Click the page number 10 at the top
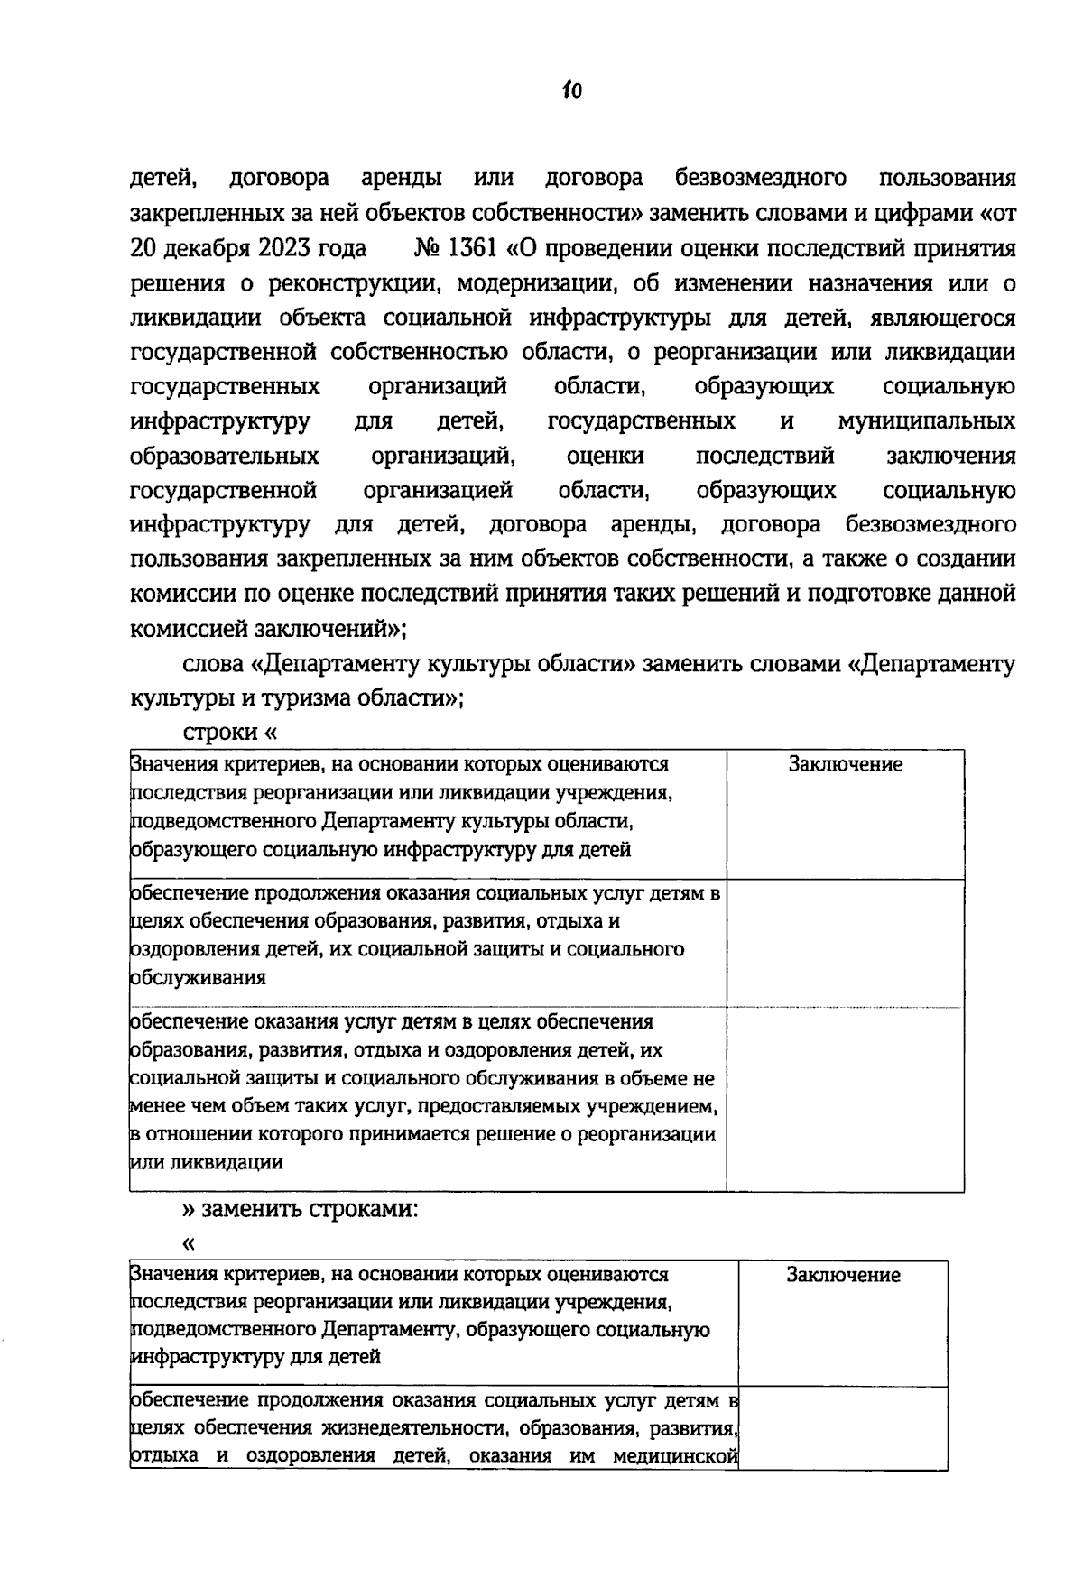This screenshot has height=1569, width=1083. tap(571, 90)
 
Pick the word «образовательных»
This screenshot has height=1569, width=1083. tap(224, 456)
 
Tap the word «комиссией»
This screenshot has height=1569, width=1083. tap(185, 628)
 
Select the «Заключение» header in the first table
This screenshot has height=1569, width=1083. tap(845, 765)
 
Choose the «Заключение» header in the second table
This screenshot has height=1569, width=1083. tap(843, 1275)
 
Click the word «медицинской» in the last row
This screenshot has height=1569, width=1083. tap(676, 1456)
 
